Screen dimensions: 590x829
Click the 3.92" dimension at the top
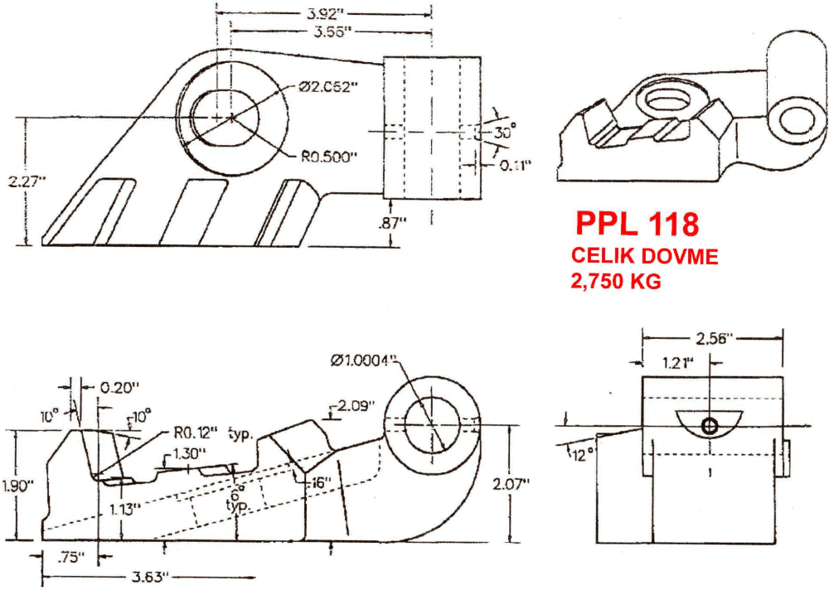pos(323,13)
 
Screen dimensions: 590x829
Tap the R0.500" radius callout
pos(330,156)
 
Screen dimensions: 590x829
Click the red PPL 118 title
pos(638,225)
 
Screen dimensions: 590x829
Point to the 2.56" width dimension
pos(713,338)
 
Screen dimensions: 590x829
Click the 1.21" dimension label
pos(681,362)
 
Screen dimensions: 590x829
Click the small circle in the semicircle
pos(710,426)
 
